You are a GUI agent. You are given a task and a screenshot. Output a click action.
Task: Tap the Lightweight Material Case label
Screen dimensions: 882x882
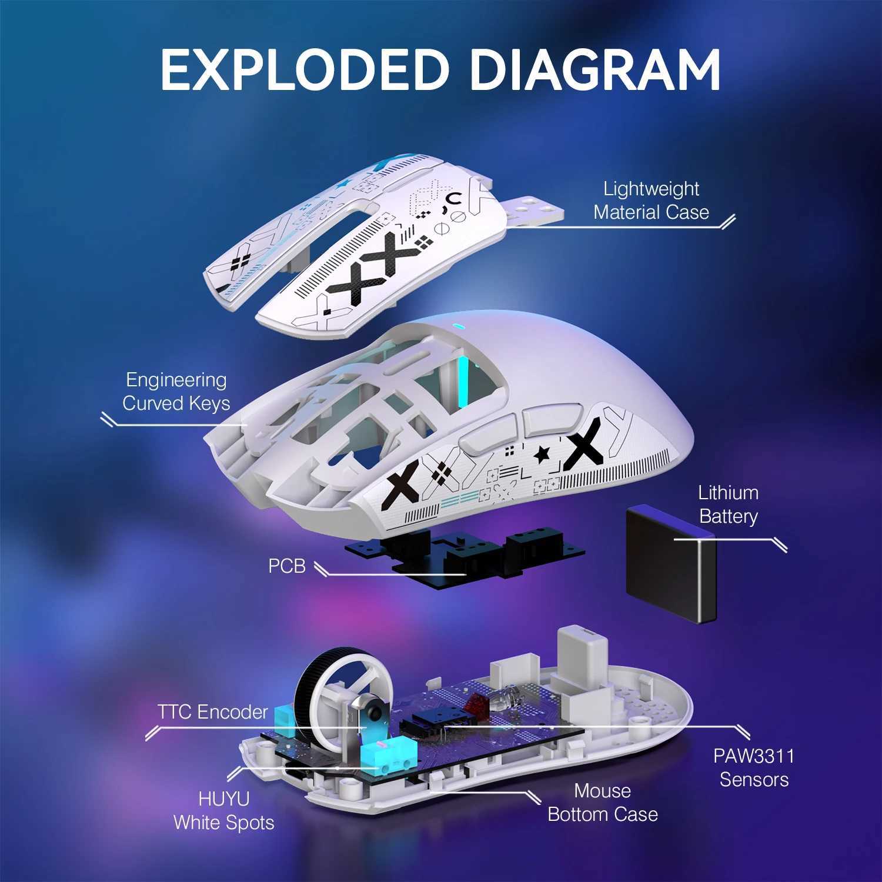point(651,201)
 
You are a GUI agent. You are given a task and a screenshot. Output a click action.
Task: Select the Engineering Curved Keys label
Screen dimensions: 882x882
point(176,392)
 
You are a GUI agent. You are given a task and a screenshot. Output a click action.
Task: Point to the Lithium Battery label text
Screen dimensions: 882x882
point(728,505)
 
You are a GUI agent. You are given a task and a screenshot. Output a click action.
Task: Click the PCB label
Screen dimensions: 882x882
point(287,566)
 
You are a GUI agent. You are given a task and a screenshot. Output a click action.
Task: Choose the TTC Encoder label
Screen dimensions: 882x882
point(212,712)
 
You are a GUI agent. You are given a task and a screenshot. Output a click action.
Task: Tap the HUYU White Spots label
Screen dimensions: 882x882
point(224,811)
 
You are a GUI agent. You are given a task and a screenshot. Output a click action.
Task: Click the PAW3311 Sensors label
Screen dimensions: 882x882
point(754,768)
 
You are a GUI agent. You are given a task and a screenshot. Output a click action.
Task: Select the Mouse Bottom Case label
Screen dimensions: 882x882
point(603,803)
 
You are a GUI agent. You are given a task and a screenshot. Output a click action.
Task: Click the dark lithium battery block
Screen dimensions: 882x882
point(670,564)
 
